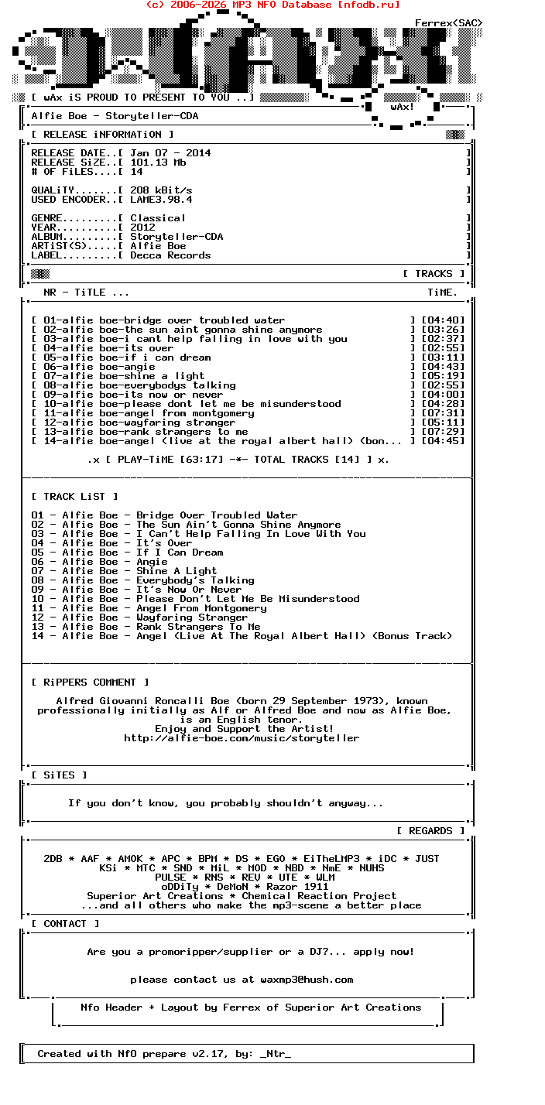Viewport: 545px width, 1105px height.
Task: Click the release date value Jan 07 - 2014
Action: coord(170,153)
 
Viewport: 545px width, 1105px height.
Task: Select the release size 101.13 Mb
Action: coord(158,162)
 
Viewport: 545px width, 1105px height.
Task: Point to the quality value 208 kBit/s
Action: coord(161,190)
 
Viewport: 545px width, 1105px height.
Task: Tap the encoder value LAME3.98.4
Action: coord(161,200)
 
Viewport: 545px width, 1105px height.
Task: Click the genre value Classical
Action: coord(158,218)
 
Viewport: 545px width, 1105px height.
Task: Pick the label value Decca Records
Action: coord(170,255)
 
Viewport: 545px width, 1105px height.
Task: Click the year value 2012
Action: coord(142,227)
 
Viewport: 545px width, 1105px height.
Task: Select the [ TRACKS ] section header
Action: coord(434,274)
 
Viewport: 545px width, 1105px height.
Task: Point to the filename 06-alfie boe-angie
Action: coord(99,367)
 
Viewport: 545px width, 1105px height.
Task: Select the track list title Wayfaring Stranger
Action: coord(192,617)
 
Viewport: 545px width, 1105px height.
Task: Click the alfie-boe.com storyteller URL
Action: coord(242,738)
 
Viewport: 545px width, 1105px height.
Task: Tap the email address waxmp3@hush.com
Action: coord(307,980)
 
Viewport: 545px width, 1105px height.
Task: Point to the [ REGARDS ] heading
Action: coord(430,831)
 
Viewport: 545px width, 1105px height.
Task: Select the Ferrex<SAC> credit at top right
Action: coord(449,23)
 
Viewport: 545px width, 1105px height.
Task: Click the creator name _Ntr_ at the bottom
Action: coord(276,1054)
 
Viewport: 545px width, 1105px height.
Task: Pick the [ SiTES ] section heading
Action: coord(59,775)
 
